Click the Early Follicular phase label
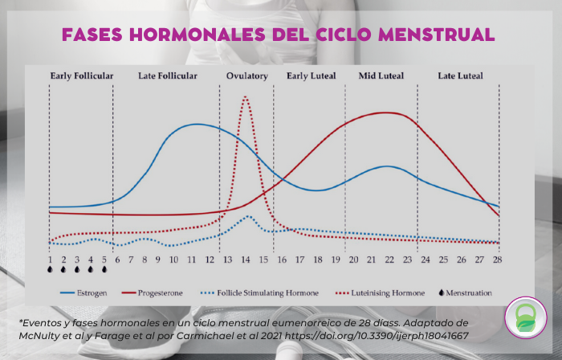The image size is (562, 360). tap(81, 76)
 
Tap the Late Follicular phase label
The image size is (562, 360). tap(167, 76)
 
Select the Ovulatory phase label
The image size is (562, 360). tap(246, 76)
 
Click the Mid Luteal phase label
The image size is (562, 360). tap(381, 76)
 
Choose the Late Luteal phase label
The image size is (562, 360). tap(460, 76)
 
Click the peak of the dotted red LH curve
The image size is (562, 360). tap(245, 98)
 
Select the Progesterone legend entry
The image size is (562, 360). tap(162, 292)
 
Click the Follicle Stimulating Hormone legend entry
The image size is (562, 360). tap(267, 292)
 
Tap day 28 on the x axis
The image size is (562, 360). tap(498, 260)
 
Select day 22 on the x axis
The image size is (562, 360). tap(389, 260)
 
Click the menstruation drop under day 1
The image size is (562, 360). tap(50, 271)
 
